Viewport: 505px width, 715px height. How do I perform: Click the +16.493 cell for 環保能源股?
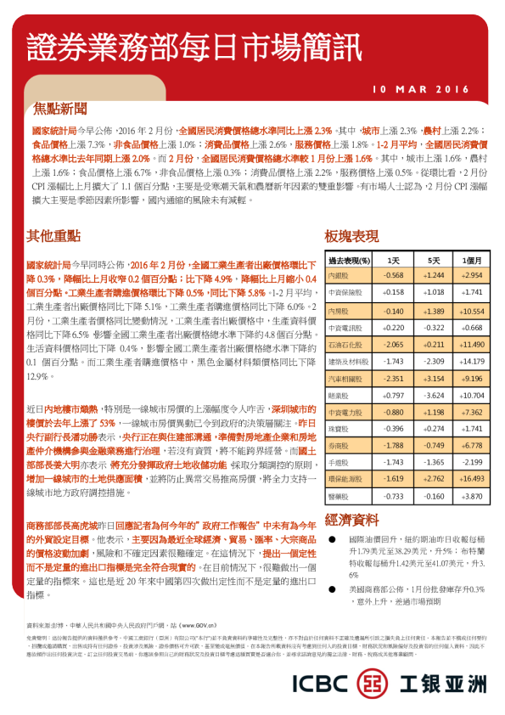tap(472, 478)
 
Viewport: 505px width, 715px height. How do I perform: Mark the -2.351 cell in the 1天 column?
tap(393, 378)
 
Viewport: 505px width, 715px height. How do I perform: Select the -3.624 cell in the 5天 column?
tap(434, 396)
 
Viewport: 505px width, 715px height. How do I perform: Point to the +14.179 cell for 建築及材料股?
tap(472, 362)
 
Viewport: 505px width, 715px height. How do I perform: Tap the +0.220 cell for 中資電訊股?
tap(393, 328)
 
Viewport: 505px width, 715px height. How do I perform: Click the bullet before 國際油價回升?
tap(332, 540)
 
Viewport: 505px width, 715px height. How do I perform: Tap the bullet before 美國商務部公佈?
tap(332, 588)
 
